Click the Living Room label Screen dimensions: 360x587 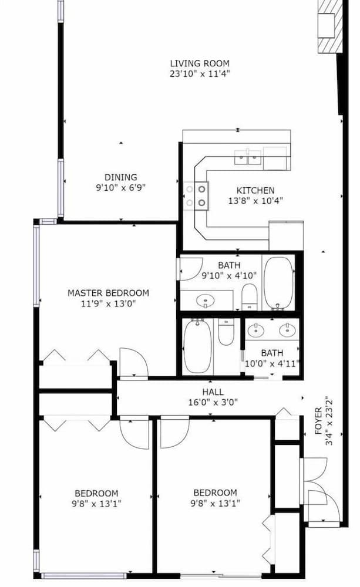tap(199, 63)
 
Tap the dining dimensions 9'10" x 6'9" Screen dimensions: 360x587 tap(120, 187)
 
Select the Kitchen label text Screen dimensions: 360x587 tap(255, 190)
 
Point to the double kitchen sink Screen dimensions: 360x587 tap(248, 157)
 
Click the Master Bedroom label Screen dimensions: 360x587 tap(108, 293)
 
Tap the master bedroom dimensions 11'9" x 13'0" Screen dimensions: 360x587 tap(108, 303)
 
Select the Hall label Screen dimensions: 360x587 tap(213, 392)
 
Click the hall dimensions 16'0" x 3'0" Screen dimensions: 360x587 tap(213, 403)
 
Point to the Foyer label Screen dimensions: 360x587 tap(318, 420)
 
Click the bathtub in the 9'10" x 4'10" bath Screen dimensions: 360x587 tap(278, 284)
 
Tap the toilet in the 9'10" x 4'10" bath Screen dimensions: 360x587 tap(249, 296)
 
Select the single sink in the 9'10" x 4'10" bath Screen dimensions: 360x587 tap(206, 300)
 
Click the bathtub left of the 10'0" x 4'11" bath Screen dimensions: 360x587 tap(197, 346)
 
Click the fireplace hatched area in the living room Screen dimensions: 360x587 tap(331, 26)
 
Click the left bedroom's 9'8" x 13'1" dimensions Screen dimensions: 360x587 tap(96, 504)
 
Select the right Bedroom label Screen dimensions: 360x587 tap(215, 492)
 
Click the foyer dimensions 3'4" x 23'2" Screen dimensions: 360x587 tap(329, 420)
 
